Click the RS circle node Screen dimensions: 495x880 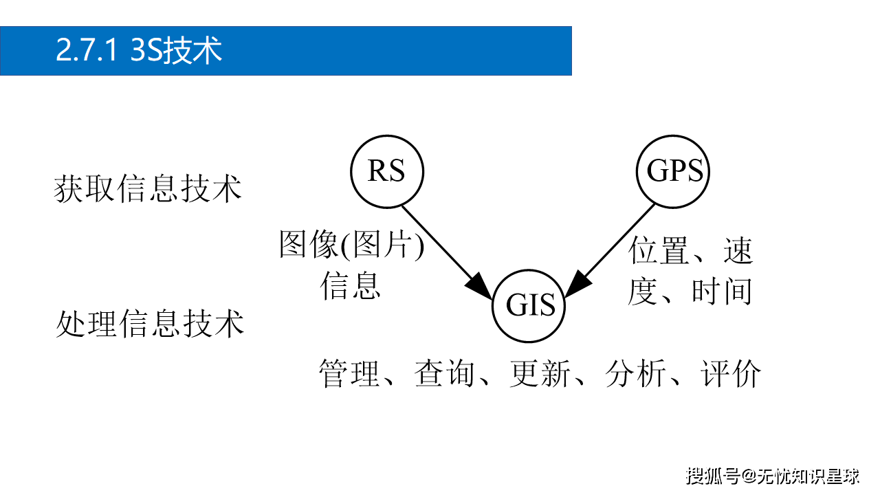pyautogui.click(x=387, y=171)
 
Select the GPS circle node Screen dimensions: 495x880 pyautogui.click(x=674, y=171)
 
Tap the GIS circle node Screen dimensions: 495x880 pyautogui.click(x=530, y=305)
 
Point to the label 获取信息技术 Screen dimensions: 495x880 pyautogui.click(x=148, y=188)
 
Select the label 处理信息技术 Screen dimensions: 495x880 pyautogui.click(x=150, y=323)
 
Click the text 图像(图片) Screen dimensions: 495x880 pyautogui.click(x=351, y=245)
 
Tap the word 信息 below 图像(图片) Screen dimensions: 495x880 pyautogui.click(x=351, y=285)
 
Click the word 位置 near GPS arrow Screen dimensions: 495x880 pyautogui.click(x=659, y=251)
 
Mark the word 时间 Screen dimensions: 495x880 pyautogui.click(x=722, y=291)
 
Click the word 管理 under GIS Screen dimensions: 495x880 pyautogui.click(x=350, y=374)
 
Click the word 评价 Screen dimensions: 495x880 pyautogui.click(x=731, y=374)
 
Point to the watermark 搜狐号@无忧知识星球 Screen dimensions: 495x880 pyautogui.click(x=773, y=474)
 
